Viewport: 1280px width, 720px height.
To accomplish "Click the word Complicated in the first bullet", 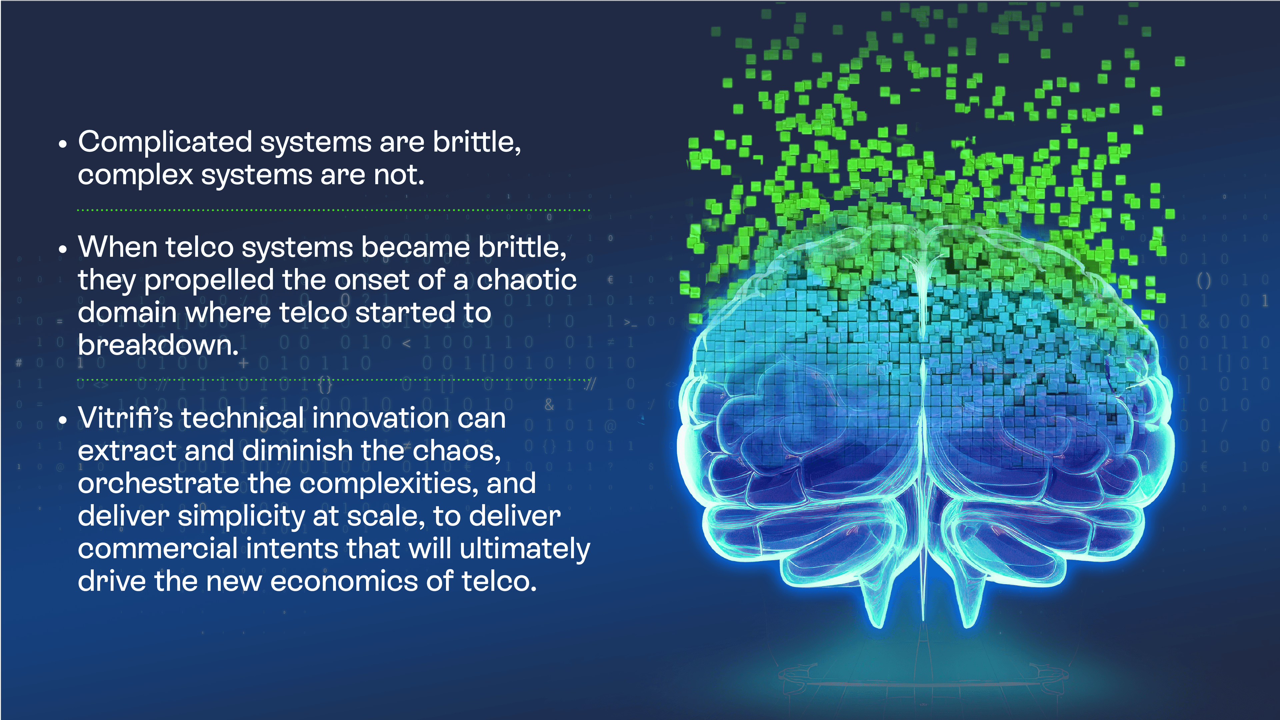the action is pos(165,143).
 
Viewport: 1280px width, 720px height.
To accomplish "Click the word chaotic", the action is pos(527,279).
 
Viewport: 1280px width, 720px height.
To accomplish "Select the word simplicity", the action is pos(241,517).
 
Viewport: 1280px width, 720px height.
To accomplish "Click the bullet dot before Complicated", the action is pos(62,144).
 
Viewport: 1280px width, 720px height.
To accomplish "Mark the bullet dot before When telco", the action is pos(62,249).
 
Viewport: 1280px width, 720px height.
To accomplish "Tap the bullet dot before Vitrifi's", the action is pos(62,420).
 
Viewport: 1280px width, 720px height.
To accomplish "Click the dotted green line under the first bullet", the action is pos(333,210).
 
